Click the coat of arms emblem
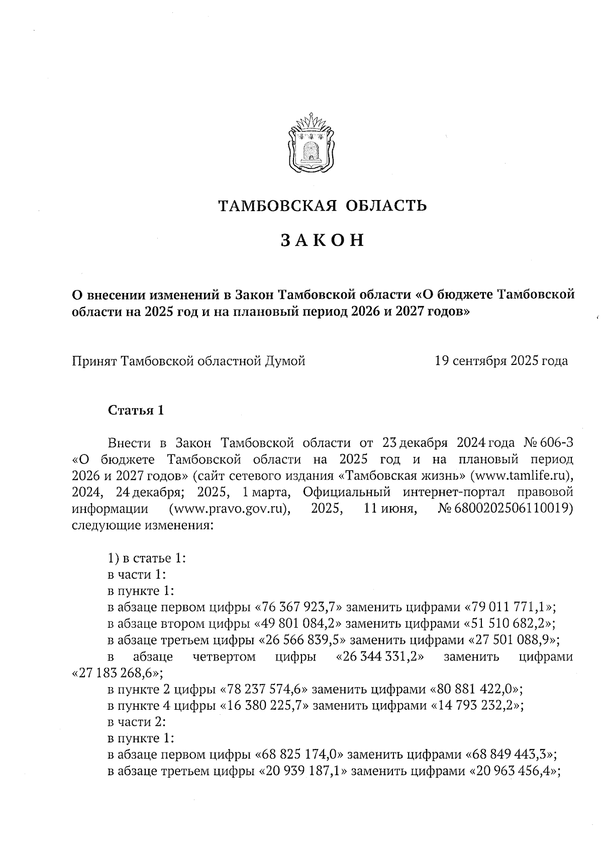311,144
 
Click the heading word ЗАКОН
322,241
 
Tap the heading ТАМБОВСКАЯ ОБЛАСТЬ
322,206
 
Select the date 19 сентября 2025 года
501,361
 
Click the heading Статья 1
136,410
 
